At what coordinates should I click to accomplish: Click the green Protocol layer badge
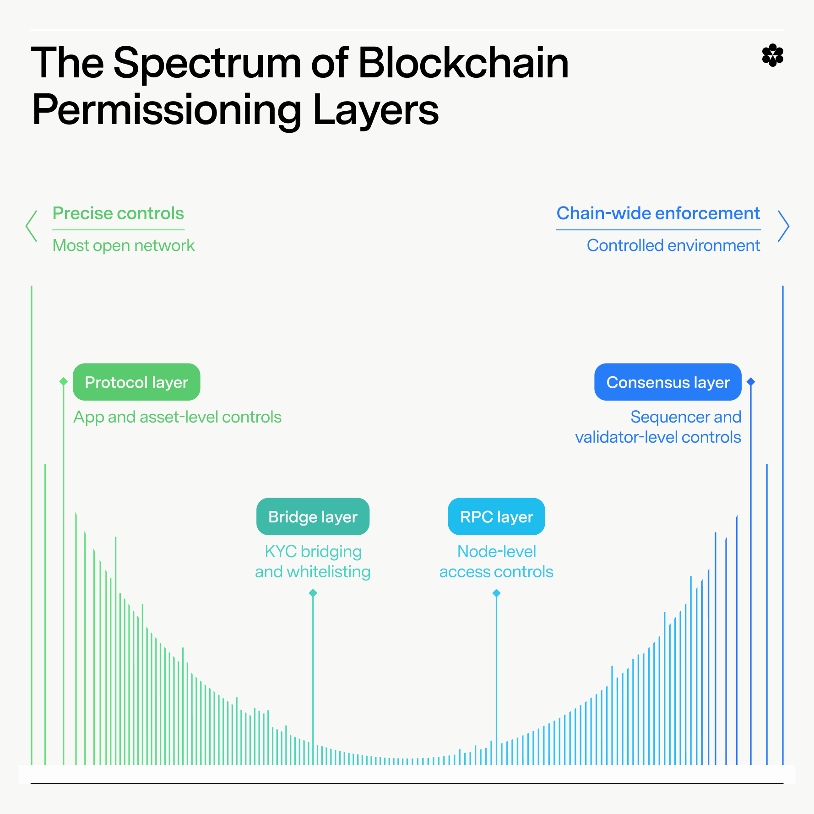pyautogui.click(x=136, y=382)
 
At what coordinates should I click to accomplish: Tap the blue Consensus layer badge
pyautogui.click(x=667, y=382)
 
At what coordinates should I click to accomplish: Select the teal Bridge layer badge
pyautogui.click(x=313, y=517)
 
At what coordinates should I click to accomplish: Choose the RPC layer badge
pyautogui.click(x=496, y=517)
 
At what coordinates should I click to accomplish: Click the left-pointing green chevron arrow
pyautogui.click(x=31, y=226)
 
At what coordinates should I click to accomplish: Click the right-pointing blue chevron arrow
pyautogui.click(x=783, y=226)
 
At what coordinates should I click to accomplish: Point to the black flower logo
pyautogui.click(x=773, y=55)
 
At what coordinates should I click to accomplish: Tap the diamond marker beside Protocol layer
pyautogui.click(x=64, y=381)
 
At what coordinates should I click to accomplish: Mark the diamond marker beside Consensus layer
pyautogui.click(x=751, y=381)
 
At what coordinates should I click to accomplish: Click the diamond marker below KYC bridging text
pyautogui.click(x=313, y=593)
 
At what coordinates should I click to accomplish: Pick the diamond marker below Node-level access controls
pyautogui.click(x=496, y=593)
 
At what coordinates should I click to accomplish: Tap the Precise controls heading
pyautogui.click(x=118, y=213)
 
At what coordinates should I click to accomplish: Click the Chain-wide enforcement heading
pyautogui.click(x=658, y=213)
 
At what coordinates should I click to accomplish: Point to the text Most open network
pyautogui.click(x=124, y=245)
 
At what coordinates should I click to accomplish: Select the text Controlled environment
pyautogui.click(x=673, y=245)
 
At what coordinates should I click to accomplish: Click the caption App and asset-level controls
pyautogui.click(x=177, y=417)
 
